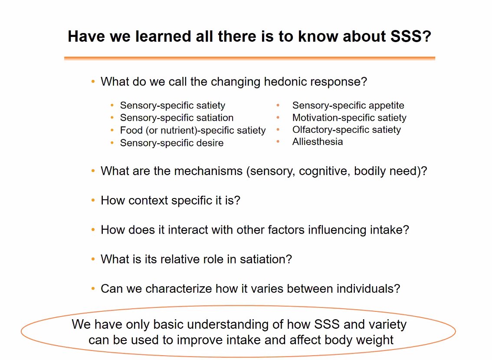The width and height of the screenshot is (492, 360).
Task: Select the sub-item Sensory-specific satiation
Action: [177, 118]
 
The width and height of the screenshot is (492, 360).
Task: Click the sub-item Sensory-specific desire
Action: [172, 143]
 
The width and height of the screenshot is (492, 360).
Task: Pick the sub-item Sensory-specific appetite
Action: [348, 106]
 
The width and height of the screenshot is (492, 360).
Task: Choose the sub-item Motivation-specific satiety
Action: [349, 118]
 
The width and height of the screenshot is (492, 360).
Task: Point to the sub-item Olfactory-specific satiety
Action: [346, 130]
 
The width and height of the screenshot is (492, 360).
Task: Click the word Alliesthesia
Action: [317, 142]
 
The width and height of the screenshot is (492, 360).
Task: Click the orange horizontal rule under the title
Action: [249, 58]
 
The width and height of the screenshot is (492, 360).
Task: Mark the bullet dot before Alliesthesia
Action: [278, 142]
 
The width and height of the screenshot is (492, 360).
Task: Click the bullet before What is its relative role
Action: [93, 259]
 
